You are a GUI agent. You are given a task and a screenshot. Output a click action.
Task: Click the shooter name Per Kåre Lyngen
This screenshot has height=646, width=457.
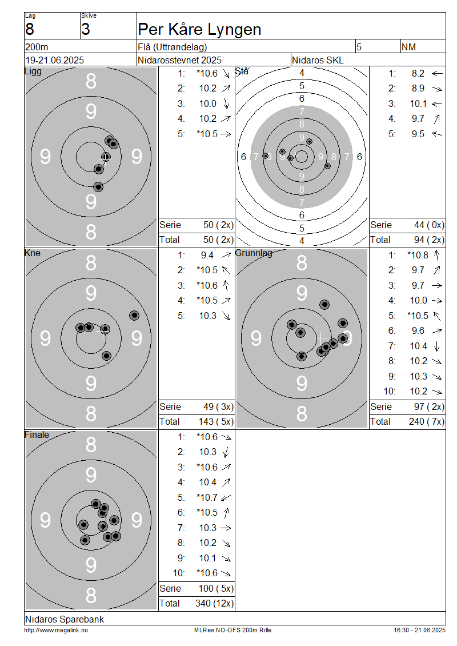(200, 30)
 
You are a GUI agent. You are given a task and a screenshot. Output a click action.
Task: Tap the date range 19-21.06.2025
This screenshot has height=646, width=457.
(55, 60)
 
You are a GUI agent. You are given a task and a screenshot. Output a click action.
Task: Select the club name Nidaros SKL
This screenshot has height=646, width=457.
(318, 60)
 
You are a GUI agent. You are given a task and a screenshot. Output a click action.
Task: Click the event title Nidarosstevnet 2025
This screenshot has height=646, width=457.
(179, 60)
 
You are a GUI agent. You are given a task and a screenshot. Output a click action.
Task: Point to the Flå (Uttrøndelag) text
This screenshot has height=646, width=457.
(172, 47)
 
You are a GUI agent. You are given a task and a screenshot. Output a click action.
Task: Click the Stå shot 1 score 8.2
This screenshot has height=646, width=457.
(418, 73)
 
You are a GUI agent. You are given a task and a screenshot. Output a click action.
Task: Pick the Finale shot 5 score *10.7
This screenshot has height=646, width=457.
(207, 497)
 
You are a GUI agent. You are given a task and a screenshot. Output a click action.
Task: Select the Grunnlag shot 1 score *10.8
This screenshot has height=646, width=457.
(418, 255)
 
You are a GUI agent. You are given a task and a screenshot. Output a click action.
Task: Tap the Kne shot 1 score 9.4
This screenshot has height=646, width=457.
(207, 256)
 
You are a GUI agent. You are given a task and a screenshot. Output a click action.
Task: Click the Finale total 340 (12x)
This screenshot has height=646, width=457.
(214, 603)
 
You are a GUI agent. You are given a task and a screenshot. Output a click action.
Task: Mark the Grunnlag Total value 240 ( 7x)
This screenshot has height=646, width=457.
(427, 421)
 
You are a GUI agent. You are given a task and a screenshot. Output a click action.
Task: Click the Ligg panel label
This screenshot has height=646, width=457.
(33, 71)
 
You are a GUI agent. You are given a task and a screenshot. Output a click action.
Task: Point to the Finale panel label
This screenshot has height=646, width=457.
(37, 434)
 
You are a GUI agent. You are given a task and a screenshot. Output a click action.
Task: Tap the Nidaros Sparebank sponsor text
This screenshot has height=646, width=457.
(64, 619)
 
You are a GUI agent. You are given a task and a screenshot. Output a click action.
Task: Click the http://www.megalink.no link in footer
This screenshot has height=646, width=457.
(56, 630)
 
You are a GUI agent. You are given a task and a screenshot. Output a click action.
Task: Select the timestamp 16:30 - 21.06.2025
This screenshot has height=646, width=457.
(419, 630)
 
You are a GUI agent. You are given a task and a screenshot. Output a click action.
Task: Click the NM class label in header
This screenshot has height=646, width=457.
(408, 47)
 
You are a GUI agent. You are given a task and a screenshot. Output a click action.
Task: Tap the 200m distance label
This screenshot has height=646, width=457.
(37, 47)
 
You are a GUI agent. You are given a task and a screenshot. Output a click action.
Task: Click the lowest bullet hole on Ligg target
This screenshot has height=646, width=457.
(98, 187)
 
